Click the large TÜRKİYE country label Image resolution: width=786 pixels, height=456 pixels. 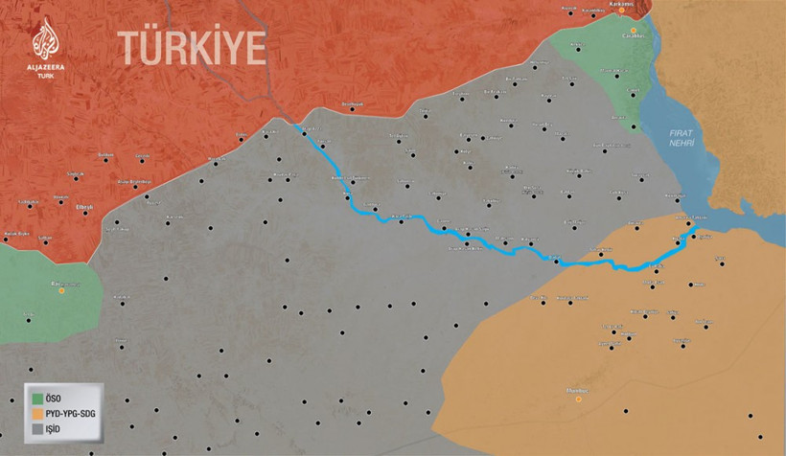click(x=191, y=46)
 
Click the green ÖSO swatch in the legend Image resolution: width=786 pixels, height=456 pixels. click(x=37, y=397)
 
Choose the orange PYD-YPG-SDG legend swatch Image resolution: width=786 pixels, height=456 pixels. click(x=37, y=414)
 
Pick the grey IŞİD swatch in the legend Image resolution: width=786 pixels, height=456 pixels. click(x=37, y=431)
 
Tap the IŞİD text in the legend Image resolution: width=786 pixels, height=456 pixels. click(x=58, y=431)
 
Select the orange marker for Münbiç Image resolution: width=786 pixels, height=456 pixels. click(x=578, y=399)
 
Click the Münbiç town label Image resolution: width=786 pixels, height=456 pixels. click(x=578, y=389)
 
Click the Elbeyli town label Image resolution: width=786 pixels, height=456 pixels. click(x=84, y=207)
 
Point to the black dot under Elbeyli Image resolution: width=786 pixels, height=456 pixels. click(x=85, y=213)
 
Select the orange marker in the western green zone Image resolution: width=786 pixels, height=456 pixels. click(x=62, y=289)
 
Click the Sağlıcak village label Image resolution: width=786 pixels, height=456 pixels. click(x=76, y=173)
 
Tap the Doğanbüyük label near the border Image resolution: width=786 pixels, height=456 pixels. click(x=355, y=103)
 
